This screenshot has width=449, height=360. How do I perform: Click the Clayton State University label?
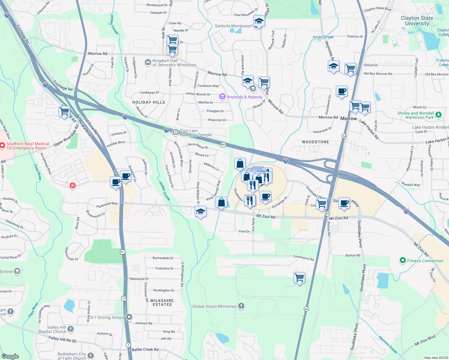(x=417, y=21)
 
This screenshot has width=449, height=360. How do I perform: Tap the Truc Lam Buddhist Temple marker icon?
(x=176, y=132)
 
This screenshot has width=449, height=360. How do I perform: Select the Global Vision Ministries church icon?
(x=241, y=306)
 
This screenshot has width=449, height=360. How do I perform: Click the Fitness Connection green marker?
(x=403, y=260)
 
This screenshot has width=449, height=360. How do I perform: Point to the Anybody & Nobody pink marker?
(x=222, y=97)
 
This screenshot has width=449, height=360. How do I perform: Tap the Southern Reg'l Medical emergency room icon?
(x=2, y=146)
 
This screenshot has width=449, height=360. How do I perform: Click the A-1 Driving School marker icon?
(x=129, y=317)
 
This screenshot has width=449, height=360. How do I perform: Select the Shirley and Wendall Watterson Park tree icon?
(x=438, y=115)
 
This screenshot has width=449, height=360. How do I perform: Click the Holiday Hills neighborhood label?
(x=149, y=102)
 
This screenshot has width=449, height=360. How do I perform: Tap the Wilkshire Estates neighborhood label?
(x=162, y=302)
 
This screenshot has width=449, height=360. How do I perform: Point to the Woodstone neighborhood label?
(x=315, y=142)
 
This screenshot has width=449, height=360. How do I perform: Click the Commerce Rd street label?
(x=303, y=257)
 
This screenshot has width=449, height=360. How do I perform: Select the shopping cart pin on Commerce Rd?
(x=299, y=278)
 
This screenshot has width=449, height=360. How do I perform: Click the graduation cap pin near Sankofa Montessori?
(x=259, y=21)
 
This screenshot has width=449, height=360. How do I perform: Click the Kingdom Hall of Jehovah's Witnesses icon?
(x=148, y=62)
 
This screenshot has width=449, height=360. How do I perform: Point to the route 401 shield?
(x=223, y=145)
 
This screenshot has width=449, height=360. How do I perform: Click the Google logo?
(x=10, y=356)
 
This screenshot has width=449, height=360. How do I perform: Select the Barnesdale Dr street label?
(x=163, y=258)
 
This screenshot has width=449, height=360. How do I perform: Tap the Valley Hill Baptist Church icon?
(x=71, y=329)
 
